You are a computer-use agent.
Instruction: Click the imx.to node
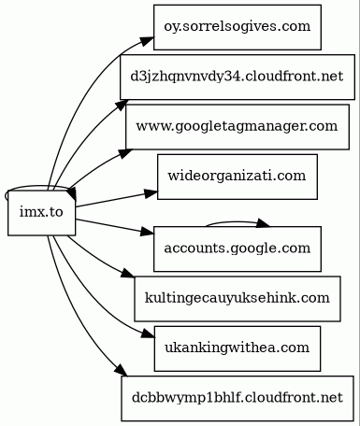(x=41, y=212)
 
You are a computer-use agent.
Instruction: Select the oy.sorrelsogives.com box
(x=237, y=26)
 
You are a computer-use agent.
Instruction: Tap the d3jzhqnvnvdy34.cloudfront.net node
(x=237, y=76)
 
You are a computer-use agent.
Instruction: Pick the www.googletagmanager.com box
(x=237, y=125)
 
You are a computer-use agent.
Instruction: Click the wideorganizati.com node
(x=237, y=175)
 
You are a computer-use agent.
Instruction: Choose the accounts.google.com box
(x=237, y=248)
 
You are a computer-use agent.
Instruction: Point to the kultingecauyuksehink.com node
(x=237, y=298)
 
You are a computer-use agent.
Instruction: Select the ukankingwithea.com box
(x=237, y=348)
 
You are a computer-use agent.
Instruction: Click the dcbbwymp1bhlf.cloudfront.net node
(x=237, y=397)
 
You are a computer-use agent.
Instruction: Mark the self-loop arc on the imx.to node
(x=28, y=187)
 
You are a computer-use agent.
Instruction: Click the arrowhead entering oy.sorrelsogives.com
(x=147, y=39)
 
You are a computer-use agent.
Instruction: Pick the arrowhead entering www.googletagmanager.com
(x=121, y=149)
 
